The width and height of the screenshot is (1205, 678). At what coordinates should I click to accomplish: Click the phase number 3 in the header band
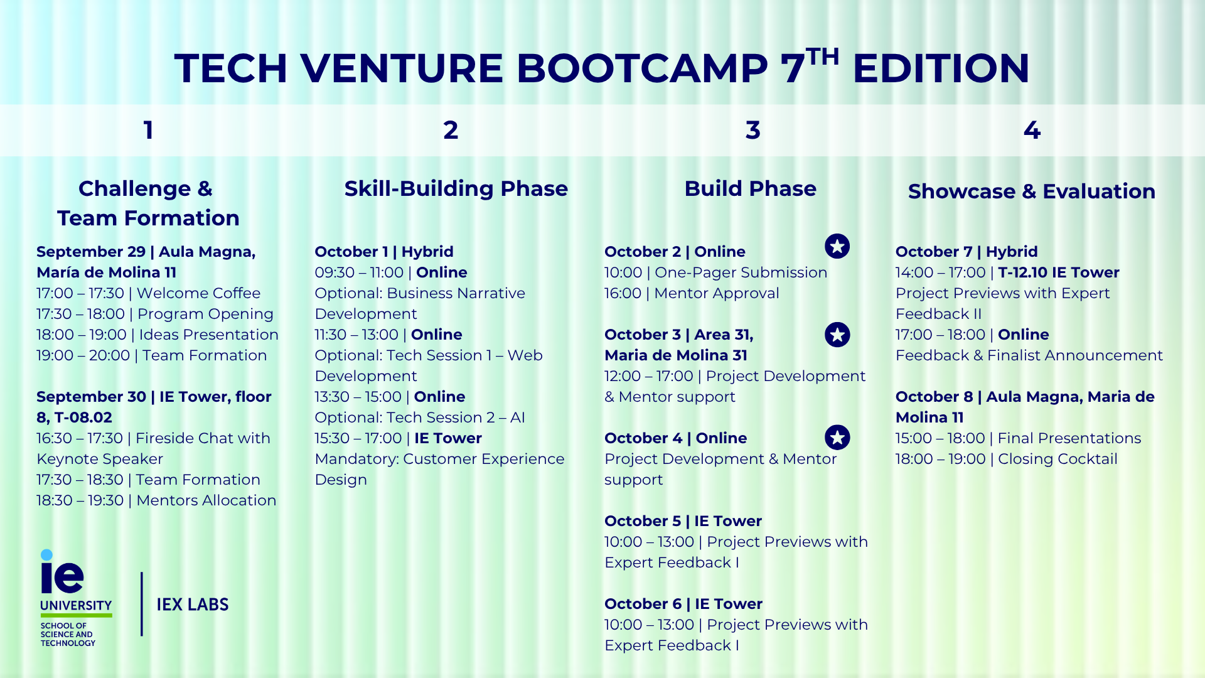(x=752, y=131)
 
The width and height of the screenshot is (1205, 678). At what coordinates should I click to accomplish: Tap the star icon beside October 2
(x=837, y=246)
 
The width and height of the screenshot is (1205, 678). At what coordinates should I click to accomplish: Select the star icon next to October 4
(x=837, y=438)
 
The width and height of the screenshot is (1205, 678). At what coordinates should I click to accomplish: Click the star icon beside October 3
(x=837, y=335)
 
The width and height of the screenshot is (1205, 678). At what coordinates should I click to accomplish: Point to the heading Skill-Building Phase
(x=456, y=189)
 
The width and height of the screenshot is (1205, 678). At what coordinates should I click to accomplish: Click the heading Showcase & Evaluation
(x=1032, y=191)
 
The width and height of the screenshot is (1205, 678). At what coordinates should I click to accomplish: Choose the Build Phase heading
(x=751, y=189)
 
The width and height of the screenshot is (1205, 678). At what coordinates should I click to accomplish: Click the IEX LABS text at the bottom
(x=193, y=605)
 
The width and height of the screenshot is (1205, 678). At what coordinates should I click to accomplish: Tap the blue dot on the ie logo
(x=46, y=555)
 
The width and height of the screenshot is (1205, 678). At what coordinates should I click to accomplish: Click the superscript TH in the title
(x=823, y=56)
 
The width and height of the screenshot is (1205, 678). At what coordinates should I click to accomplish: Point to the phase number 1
(x=148, y=131)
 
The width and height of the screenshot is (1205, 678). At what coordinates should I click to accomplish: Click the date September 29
(x=91, y=252)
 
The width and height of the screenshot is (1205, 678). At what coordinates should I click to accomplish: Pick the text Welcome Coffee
(x=198, y=293)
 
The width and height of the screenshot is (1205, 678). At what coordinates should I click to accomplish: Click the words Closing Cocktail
(x=1058, y=459)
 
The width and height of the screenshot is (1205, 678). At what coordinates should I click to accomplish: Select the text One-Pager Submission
(x=741, y=272)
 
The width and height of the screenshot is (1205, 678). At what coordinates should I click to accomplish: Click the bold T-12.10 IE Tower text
(x=1059, y=272)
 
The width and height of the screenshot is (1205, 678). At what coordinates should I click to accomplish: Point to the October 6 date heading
(x=643, y=604)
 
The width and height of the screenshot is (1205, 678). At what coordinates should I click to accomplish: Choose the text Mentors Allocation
(x=206, y=500)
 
